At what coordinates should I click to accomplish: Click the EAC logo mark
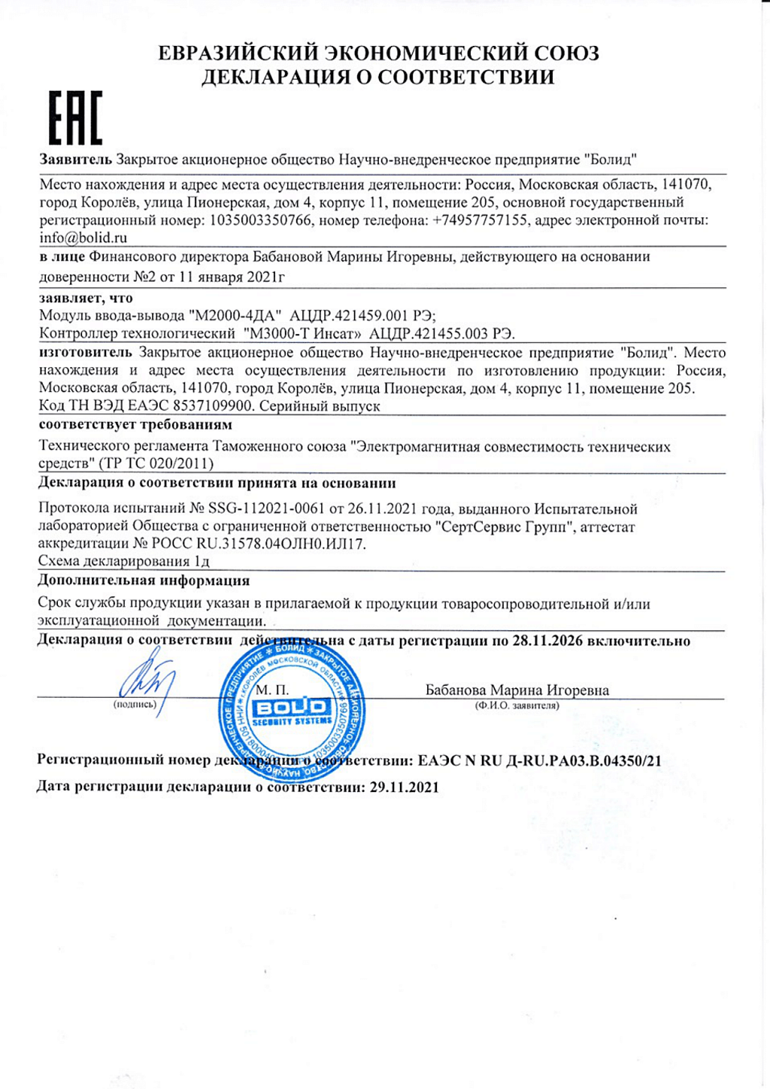click(x=75, y=118)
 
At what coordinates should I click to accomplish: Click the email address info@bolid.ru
click(x=83, y=238)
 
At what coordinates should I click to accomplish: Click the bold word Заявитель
click(x=75, y=159)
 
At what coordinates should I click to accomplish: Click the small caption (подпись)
click(x=135, y=705)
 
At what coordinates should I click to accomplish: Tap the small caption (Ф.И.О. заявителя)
click(x=517, y=705)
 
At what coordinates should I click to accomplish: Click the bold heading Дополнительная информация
click(x=144, y=580)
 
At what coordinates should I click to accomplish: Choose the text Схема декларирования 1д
click(x=123, y=561)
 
